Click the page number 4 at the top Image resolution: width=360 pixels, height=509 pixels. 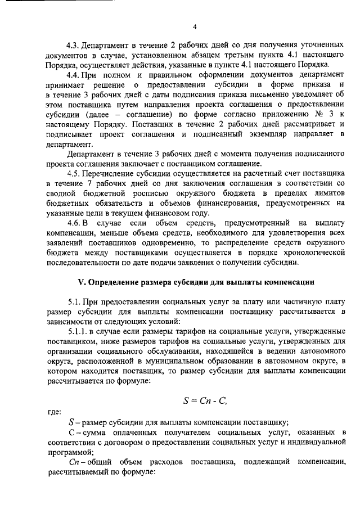point(194,27)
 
